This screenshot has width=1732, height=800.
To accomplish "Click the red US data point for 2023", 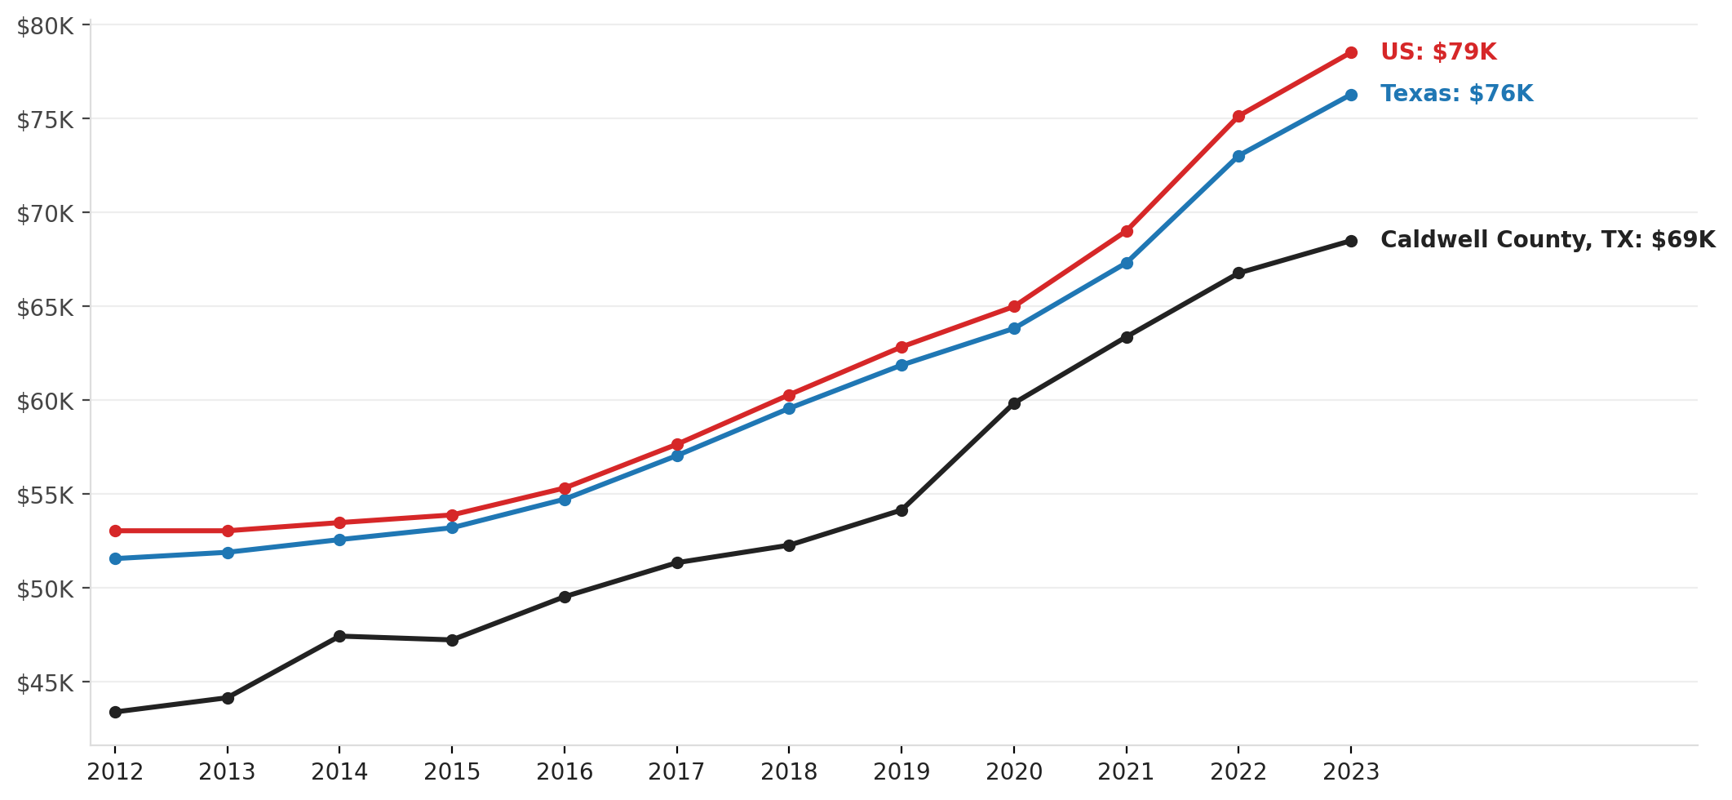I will [x=1351, y=53].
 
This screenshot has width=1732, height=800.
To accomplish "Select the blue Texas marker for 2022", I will [x=1238, y=156].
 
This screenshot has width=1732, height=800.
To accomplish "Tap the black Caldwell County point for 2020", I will [x=1014, y=403].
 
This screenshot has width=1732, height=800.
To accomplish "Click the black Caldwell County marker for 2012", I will [x=115, y=712].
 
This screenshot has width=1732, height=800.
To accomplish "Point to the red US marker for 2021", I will [x=1127, y=231].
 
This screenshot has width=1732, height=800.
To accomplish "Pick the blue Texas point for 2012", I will [x=115, y=558].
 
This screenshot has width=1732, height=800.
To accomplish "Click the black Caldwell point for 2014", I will [x=339, y=636].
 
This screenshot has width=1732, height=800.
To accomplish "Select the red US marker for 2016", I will [x=565, y=488].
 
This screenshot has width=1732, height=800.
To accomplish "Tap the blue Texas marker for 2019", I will [x=901, y=365].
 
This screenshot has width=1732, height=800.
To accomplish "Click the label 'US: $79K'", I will [x=1438, y=52].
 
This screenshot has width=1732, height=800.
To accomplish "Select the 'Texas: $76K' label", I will [x=1456, y=94].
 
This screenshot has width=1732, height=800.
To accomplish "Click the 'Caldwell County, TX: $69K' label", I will [x=1548, y=240].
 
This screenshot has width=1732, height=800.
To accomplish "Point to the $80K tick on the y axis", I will [x=46, y=26].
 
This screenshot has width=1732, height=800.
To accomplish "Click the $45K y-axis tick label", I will [x=46, y=682].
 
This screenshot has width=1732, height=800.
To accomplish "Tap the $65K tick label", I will [x=46, y=308].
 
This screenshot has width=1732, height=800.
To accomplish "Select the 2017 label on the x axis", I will [x=676, y=772].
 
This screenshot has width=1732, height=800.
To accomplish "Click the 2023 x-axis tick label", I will [x=1351, y=772].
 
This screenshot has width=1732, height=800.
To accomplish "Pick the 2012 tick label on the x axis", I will [x=115, y=772].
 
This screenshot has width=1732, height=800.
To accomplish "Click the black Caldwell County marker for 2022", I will [x=1238, y=273].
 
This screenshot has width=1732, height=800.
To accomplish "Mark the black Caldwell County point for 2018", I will [x=789, y=545].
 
